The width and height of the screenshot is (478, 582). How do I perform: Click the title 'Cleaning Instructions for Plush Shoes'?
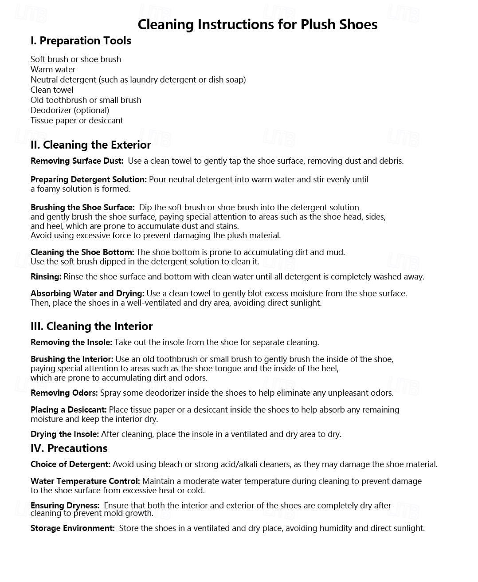[x=257, y=24]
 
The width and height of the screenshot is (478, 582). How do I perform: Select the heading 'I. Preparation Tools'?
[x=81, y=41]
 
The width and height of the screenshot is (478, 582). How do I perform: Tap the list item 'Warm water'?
[x=53, y=70]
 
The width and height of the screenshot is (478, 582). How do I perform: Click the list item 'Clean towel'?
[x=52, y=90]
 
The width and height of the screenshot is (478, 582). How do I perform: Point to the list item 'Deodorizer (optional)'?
[x=70, y=110]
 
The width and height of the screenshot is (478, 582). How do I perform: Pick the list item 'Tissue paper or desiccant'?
[x=77, y=121]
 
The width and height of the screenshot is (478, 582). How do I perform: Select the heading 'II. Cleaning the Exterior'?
[x=90, y=145]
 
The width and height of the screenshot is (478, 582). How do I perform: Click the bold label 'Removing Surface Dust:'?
[x=77, y=161]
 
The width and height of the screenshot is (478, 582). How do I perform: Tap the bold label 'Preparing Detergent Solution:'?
[x=88, y=180]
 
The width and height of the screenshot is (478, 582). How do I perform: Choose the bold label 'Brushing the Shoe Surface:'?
[x=82, y=208]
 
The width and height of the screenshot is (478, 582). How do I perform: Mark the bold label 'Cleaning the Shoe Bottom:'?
[x=82, y=252]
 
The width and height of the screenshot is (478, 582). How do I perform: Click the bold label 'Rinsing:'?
[x=46, y=277]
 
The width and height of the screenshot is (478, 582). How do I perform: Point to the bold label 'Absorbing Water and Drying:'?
[x=87, y=294]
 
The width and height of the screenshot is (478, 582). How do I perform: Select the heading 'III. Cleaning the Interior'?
[x=91, y=326]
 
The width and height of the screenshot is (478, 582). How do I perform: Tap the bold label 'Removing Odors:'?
[x=64, y=393]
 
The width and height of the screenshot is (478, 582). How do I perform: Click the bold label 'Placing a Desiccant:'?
[x=68, y=410]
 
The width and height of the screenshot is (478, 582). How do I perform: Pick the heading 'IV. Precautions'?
[x=69, y=448]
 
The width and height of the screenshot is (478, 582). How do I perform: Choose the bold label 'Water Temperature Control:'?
[x=85, y=481]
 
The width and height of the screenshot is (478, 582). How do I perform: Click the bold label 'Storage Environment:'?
[x=72, y=528]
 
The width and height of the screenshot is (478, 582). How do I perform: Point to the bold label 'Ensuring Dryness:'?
[x=65, y=506]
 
